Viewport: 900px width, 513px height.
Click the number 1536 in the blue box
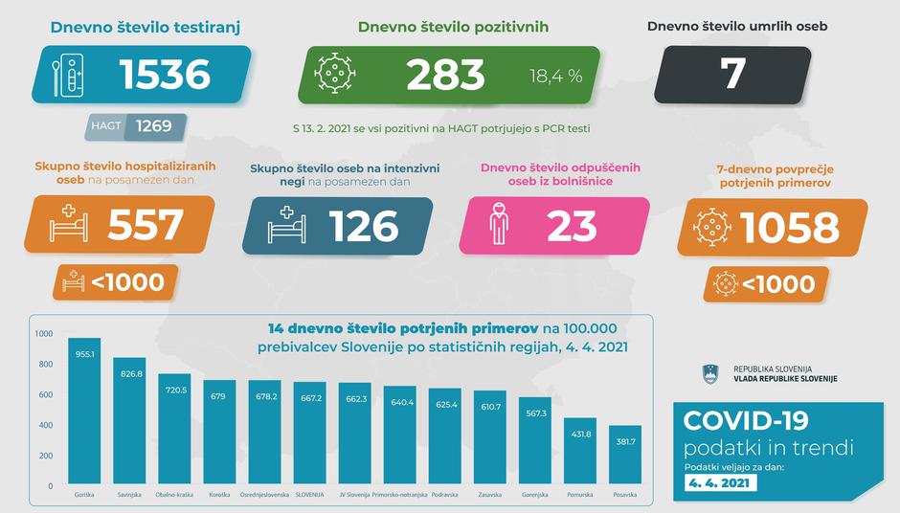[164, 75]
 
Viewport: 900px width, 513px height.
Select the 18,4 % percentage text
[555, 77]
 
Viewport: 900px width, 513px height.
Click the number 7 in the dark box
[734, 76]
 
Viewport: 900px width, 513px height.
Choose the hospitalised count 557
[146, 225]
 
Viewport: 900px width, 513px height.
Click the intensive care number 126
[364, 226]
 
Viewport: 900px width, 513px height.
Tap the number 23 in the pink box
[573, 226]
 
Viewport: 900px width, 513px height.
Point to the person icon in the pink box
[499, 226]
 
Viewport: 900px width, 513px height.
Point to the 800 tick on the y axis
[44, 364]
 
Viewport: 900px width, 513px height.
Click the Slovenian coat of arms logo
[711, 373]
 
